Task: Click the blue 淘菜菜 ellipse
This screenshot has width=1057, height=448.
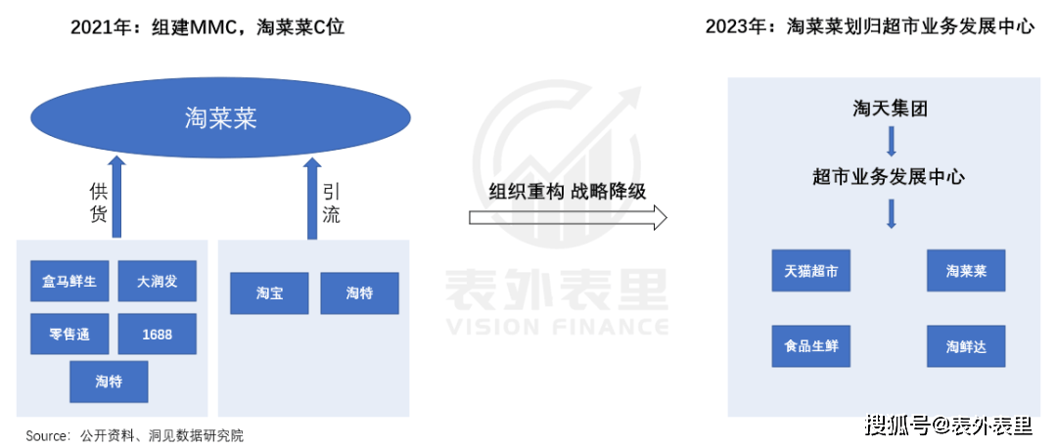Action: click(220, 120)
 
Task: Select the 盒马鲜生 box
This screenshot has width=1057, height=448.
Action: click(69, 281)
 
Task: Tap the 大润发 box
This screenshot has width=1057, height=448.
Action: click(157, 281)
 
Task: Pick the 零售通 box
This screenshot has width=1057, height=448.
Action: click(69, 334)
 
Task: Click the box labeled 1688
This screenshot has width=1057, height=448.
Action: click(157, 334)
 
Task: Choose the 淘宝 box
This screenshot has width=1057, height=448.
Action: click(269, 293)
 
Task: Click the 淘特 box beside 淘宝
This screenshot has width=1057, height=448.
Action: click(359, 293)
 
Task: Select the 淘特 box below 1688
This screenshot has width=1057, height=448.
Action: click(109, 382)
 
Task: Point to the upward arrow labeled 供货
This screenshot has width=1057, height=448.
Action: click(117, 198)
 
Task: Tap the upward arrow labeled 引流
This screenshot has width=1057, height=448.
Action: click(312, 198)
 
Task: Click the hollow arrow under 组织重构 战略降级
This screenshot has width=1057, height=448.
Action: click(568, 217)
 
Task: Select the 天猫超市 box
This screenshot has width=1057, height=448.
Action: click(811, 270)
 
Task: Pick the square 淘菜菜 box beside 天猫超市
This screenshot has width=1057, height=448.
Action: click(966, 270)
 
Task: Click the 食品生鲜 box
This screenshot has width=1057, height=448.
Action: click(811, 346)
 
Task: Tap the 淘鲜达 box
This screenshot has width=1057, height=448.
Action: click(966, 346)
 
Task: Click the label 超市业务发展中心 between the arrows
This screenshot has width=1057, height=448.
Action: click(889, 178)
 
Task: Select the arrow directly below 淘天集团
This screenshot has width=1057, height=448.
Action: click(892, 142)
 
